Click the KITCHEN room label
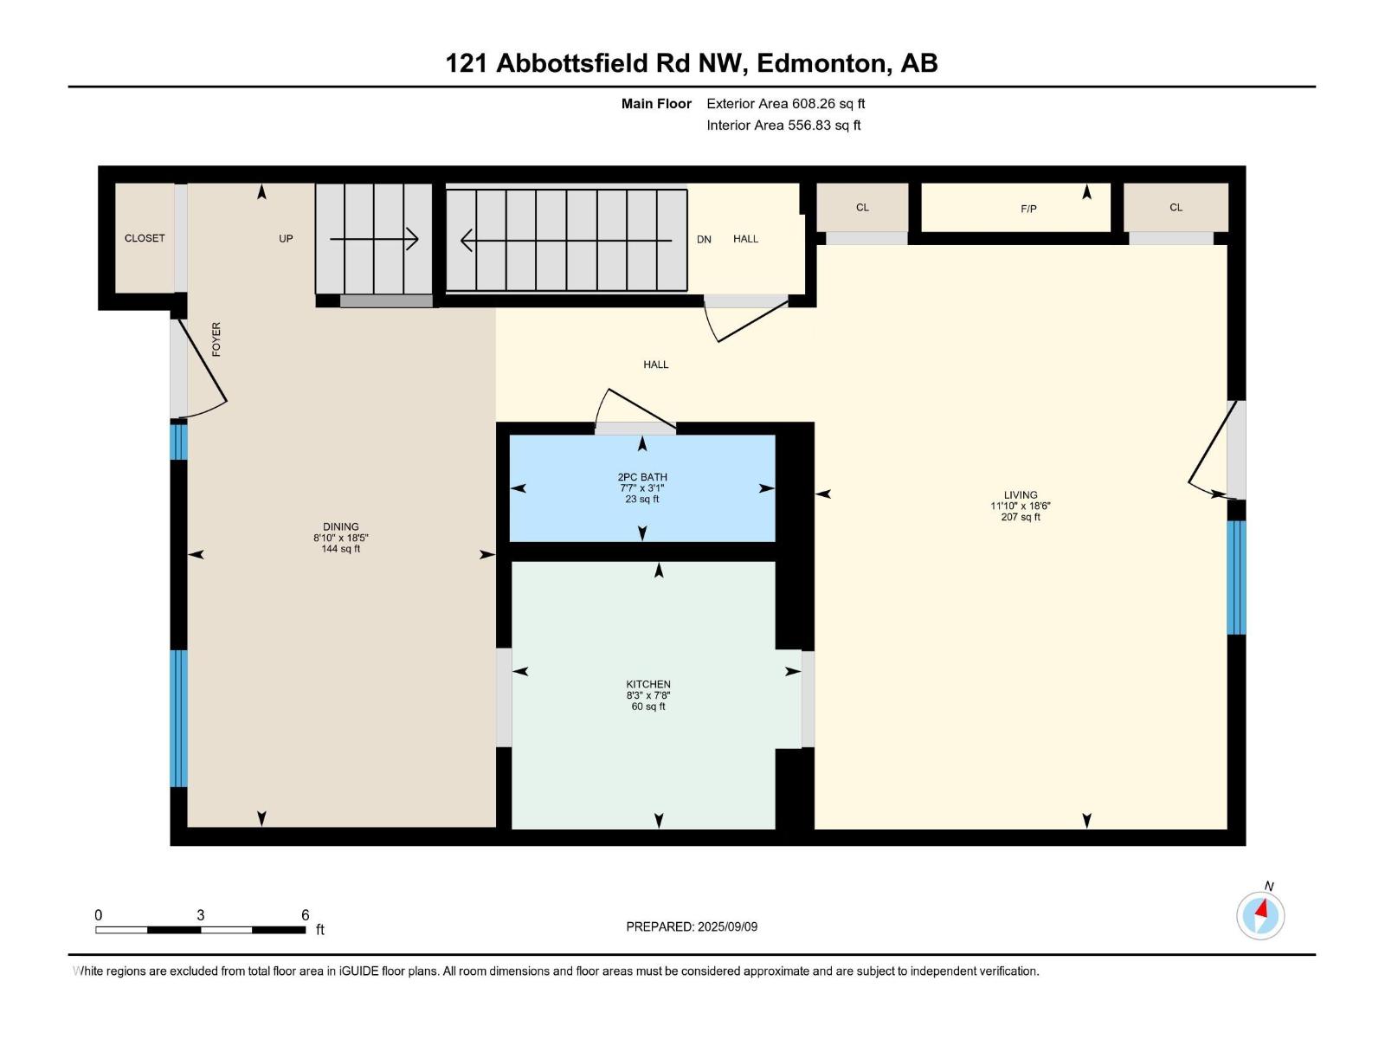click(x=648, y=684)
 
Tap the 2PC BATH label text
click(x=642, y=477)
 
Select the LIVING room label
click(x=1021, y=495)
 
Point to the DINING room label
click(x=340, y=526)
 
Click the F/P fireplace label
click(x=1028, y=209)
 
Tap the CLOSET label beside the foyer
click(x=145, y=238)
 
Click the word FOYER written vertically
click(x=216, y=339)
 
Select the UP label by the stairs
click(x=286, y=239)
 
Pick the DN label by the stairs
click(x=704, y=240)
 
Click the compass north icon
click(x=1260, y=915)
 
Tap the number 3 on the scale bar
click(x=201, y=915)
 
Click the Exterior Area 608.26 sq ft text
click(x=785, y=104)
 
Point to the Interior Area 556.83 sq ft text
click(x=783, y=126)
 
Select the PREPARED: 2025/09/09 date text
click(x=692, y=926)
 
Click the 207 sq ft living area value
click(x=1021, y=517)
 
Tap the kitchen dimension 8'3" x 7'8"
click(x=648, y=695)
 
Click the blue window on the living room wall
click(x=1236, y=578)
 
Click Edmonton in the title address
click(x=822, y=63)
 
